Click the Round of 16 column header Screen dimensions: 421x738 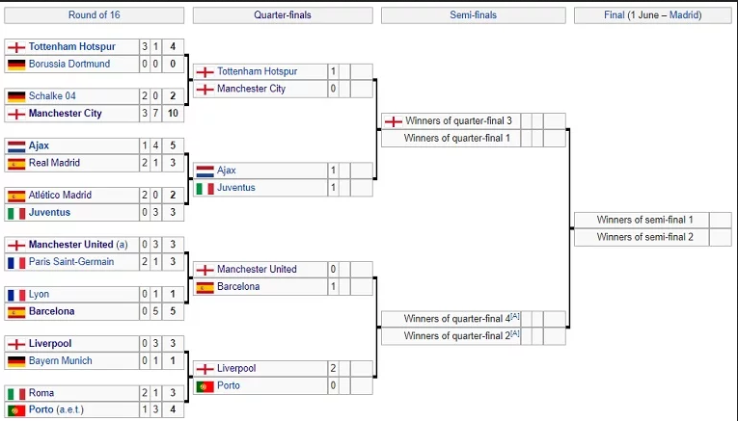point(95,15)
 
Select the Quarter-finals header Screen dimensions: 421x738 point(283,15)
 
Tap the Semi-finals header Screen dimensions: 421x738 point(473,15)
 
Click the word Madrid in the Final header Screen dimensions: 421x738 point(685,15)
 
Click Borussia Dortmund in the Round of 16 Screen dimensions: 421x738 point(69,64)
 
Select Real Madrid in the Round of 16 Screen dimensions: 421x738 point(54,163)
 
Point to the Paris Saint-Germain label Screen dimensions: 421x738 point(71,261)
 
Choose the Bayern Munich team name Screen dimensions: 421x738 point(61,360)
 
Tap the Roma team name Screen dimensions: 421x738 point(41,393)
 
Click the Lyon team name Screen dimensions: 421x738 point(40,295)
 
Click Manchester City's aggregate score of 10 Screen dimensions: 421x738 point(171,114)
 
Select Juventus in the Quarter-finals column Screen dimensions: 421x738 point(236,188)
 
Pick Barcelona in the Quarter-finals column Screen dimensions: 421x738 point(238,286)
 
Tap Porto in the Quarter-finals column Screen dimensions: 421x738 point(229,385)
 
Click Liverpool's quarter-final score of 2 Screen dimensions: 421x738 point(333,368)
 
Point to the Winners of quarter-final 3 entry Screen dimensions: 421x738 point(457,121)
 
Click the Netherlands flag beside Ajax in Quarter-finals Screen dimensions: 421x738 point(205,171)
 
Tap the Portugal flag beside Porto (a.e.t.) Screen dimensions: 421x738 point(15,409)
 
